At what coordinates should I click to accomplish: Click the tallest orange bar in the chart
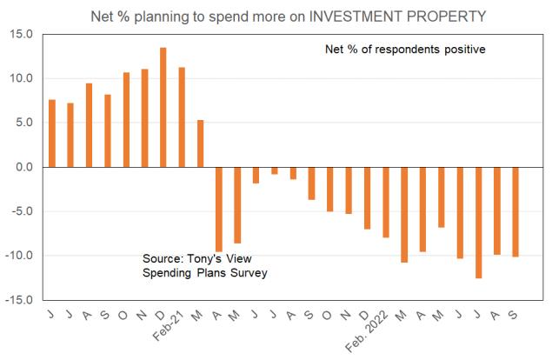(163, 107)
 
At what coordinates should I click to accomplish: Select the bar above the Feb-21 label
(182, 117)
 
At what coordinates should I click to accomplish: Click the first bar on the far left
(52, 133)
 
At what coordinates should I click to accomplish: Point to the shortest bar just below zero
(275, 170)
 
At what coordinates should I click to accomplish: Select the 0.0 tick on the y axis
(23, 167)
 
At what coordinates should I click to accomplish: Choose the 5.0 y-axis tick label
(23, 123)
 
